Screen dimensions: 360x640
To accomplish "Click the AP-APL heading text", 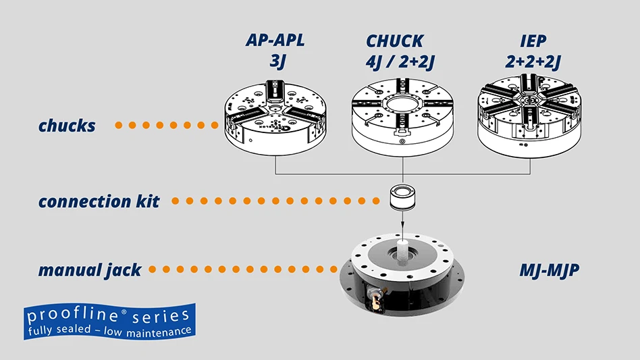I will click(x=275, y=40).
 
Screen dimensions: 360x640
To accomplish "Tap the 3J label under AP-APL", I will click(x=275, y=61).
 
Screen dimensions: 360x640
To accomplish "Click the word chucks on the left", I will click(x=67, y=126).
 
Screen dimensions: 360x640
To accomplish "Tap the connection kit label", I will click(x=99, y=201).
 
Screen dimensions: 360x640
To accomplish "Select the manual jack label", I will click(x=90, y=270).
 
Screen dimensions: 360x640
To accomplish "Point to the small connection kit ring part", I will click(x=403, y=197).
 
